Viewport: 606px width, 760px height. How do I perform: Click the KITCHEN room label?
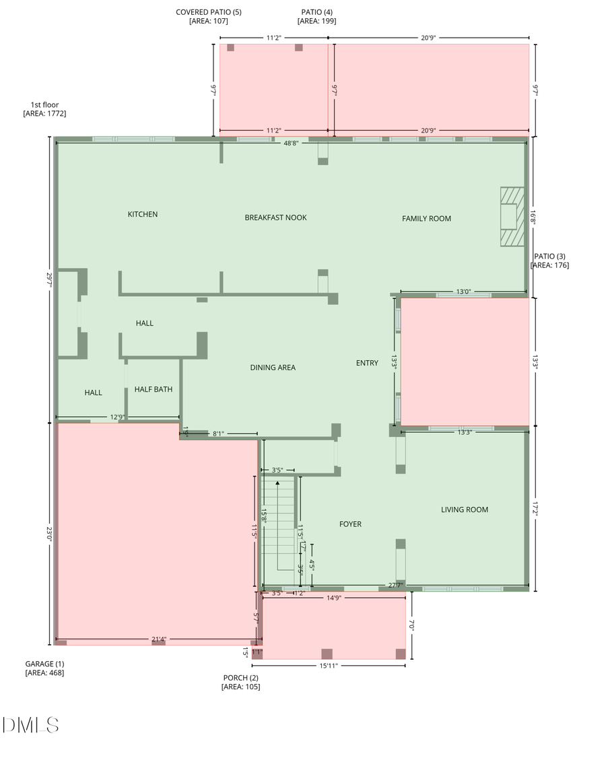click(143, 214)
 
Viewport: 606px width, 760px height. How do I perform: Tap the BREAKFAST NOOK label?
click(275, 217)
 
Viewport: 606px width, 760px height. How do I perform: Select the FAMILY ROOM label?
click(426, 218)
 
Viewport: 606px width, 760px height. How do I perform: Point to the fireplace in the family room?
click(511, 217)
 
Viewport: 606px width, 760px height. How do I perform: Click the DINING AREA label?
click(273, 368)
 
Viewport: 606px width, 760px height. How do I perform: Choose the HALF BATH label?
click(154, 389)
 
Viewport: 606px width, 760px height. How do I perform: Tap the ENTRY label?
click(367, 363)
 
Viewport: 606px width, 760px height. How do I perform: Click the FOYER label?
click(350, 524)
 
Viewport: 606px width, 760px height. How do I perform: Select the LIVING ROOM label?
click(465, 510)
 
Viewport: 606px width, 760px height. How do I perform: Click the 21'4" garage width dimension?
click(158, 639)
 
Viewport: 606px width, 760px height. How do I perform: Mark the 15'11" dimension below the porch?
click(328, 666)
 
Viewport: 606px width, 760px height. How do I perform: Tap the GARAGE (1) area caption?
click(44, 668)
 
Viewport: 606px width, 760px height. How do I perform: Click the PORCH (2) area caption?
click(240, 682)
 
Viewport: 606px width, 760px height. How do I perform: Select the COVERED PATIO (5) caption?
click(209, 16)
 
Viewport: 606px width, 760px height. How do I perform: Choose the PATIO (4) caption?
click(316, 16)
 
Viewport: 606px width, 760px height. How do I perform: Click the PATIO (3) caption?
click(550, 261)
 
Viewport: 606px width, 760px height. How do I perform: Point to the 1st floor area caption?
click(44, 109)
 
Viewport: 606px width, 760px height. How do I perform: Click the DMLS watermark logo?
click(31, 725)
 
